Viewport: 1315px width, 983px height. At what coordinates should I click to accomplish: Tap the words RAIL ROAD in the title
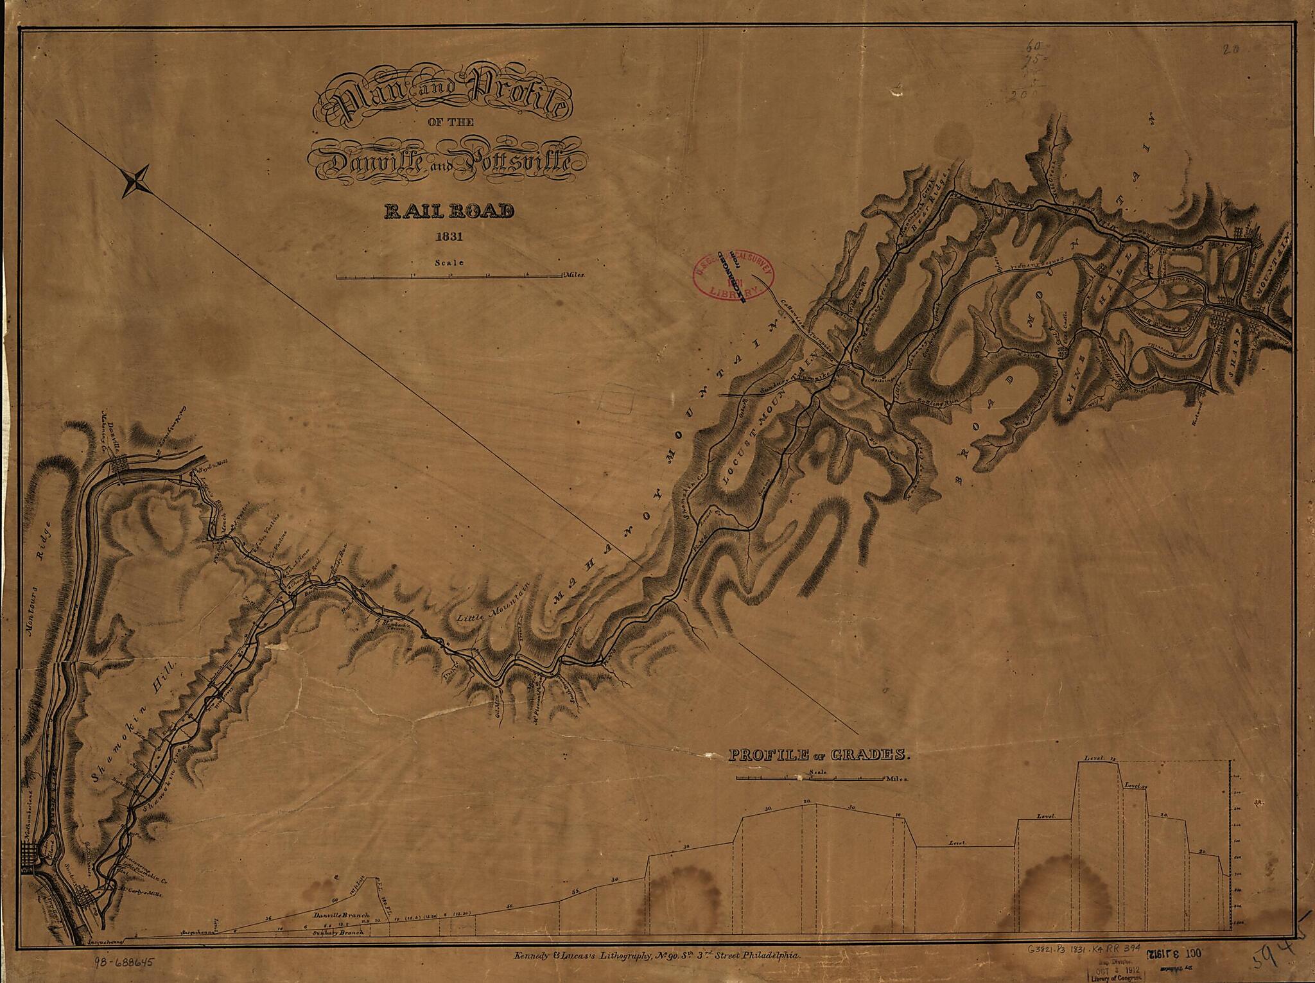448,211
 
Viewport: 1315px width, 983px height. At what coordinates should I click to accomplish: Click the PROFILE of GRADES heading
819,755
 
